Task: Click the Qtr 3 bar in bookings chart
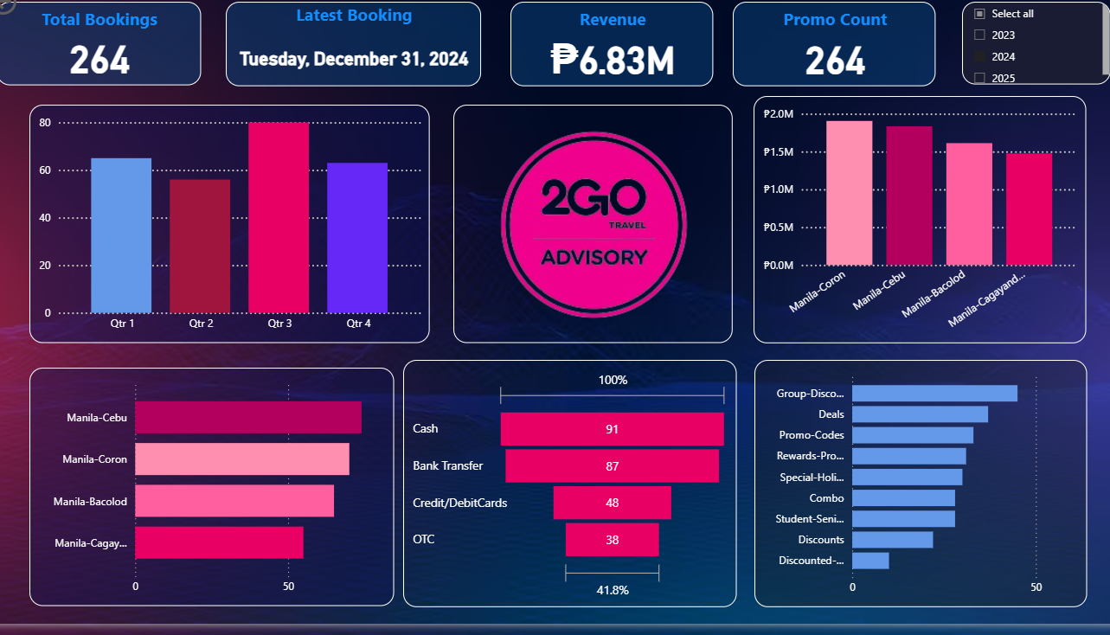pos(278,217)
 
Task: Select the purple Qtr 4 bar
pos(357,237)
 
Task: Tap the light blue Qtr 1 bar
pos(121,234)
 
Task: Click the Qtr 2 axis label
pos(200,324)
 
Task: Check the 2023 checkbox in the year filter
pos(979,35)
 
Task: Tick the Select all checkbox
pos(979,14)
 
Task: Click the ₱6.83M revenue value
pos(612,60)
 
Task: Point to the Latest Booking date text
pos(354,59)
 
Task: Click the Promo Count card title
pos(835,20)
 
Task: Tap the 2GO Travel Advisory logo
pos(593,224)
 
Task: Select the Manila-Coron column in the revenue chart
pos(849,193)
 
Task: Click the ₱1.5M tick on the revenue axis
pos(779,152)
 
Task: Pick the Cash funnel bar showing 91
pos(612,429)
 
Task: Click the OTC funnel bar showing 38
pos(612,540)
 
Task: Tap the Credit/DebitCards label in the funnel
pos(459,503)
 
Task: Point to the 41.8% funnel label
pos(612,590)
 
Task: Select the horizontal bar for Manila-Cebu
pos(247,418)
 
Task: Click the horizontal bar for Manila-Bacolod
pos(234,501)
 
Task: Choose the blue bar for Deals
pos(920,414)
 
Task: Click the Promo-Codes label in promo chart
pos(811,435)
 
